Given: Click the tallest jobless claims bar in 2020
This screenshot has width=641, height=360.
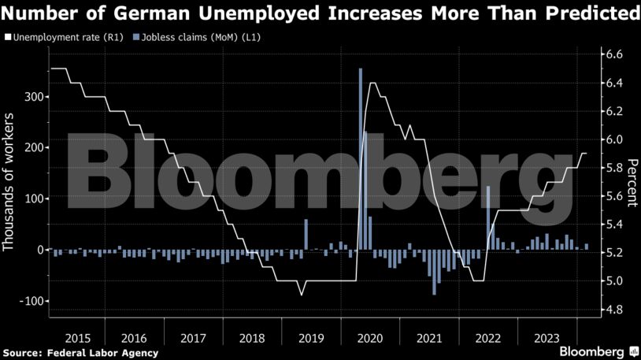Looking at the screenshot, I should click(x=361, y=158).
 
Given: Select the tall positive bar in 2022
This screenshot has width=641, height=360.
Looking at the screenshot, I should click(x=488, y=217).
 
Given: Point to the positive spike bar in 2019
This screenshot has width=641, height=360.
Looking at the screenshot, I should click(x=306, y=234).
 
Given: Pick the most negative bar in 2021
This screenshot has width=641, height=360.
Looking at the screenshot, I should click(x=434, y=272).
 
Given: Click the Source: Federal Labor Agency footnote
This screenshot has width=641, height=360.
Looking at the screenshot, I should click(x=80, y=352).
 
